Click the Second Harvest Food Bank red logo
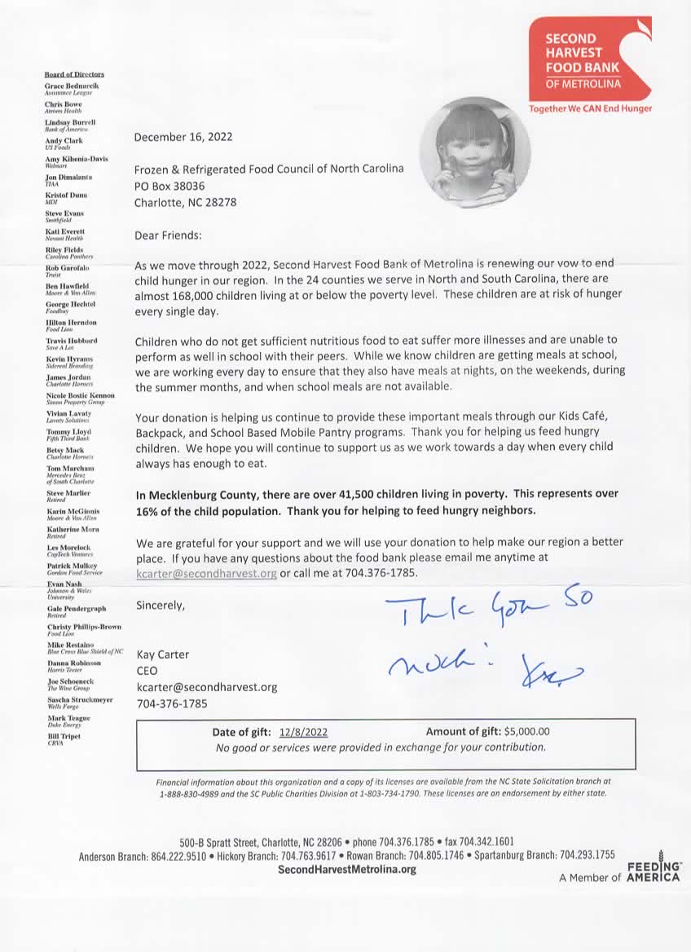pos(590,56)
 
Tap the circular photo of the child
pos(474,152)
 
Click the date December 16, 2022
pos(183,137)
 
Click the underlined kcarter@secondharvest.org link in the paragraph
pos(207,573)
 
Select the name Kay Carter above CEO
pos(163,654)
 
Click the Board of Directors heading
pos(74,74)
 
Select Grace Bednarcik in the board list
pos(72,86)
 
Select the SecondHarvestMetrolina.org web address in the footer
pos(347,869)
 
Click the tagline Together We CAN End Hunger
pos(590,108)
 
